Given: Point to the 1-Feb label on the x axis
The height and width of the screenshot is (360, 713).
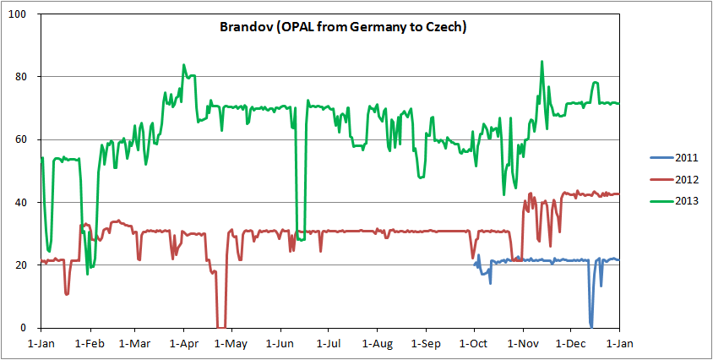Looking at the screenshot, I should coord(89,344).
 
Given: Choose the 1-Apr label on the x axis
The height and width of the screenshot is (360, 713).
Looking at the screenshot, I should coord(183,344).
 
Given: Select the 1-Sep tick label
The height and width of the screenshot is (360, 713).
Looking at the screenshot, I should coord(426,344).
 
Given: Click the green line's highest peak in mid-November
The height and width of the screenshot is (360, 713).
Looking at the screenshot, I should coord(542,62).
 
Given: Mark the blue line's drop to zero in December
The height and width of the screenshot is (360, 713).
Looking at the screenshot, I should coord(591,325).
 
